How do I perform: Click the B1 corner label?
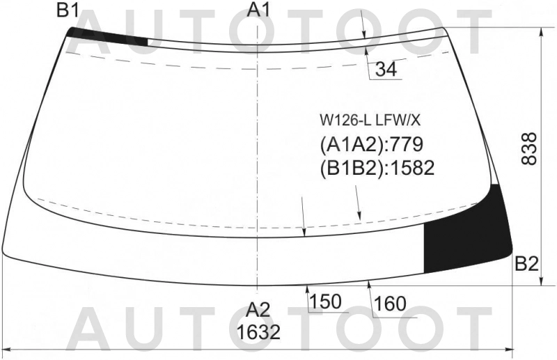(x=68, y=10)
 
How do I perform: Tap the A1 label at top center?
(x=259, y=10)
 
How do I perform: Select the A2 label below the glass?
(x=258, y=310)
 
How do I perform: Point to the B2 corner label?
(x=527, y=264)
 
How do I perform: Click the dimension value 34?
(x=386, y=69)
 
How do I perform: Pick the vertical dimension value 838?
(x=529, y=148)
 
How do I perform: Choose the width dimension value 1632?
(x=258, y=333)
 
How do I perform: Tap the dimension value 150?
(x=325, y=302)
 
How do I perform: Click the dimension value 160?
(x=390, y=304)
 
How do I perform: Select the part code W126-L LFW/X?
(x=370, y=121)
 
